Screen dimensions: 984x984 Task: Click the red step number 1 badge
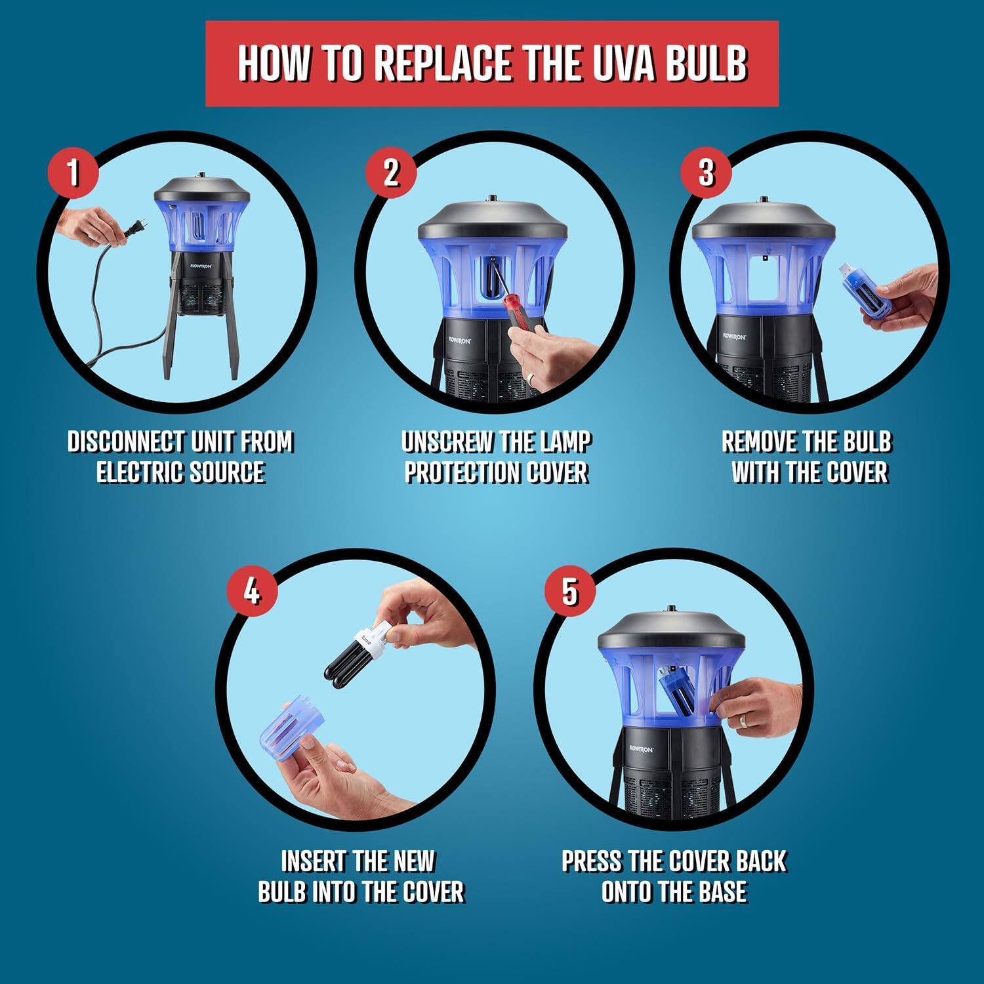[x=73, y=173]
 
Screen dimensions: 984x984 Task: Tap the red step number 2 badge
[x=391, y=172]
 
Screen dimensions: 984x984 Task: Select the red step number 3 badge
[x=706, y=172]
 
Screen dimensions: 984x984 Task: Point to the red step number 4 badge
[x=252, y=592]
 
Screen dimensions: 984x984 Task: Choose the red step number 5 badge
[x=570, y=592]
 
